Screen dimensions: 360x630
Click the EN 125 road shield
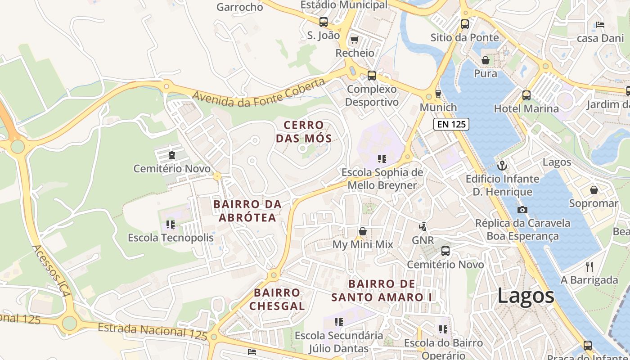click(451, 124)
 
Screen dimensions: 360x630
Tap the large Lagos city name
click(526, 297)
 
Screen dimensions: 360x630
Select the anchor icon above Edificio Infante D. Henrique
click(502, 166)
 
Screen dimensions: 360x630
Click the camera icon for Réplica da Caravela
click(522, 210)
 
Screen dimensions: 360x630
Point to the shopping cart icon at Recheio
click(355, 40)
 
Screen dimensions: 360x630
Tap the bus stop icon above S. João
click(323, 22)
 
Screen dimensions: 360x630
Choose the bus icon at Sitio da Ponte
click(465, 24)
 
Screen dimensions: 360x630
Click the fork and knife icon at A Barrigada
click(589, 267)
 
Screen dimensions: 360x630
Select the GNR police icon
click(423, 227)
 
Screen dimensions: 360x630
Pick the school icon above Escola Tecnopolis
click(171, 224)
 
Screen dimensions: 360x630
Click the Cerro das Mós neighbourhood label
click(304, 131)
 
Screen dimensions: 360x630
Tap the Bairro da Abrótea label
click(247, 211)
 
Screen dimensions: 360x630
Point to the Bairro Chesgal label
click(277, 299)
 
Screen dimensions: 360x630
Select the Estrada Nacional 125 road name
click(153, 331)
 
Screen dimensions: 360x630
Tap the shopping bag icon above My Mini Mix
click(363, 231)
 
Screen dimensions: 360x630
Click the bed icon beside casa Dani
click(600, 25)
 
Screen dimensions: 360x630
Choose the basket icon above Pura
click(486, 60)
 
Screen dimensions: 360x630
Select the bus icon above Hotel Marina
click(526, 95)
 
